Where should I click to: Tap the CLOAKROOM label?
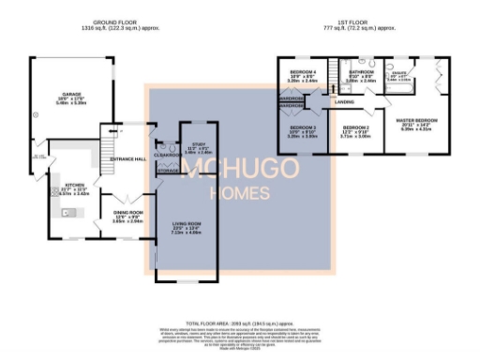click(x=166, y=157)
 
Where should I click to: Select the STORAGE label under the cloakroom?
click(x=168, y=172)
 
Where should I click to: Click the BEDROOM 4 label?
click(x=302, y=72)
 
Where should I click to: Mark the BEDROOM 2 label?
click(x=356, y=127)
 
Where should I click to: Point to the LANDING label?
click(x=345, y=101)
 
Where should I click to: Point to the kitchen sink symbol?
click(x=67, y=213)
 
